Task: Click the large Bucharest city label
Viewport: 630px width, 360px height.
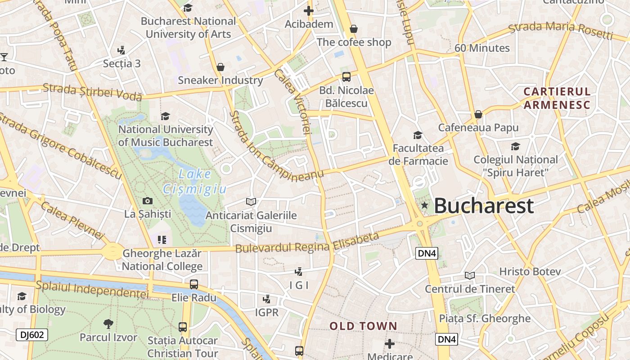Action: pyautogui.click(x=484, y=206)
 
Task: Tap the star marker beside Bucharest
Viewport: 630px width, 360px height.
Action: pyautogui.click(x=424, y=206)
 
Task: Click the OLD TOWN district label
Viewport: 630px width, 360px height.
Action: pyautogui.click(x=363, y=326)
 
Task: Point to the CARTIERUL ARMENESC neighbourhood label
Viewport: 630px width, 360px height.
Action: pyautogui.click(x=557, y=98)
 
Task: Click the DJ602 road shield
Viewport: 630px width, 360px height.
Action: pyautogui.click(x=31, y=334)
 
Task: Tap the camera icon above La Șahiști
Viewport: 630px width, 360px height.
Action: pyautogui.click(x=147, y=201)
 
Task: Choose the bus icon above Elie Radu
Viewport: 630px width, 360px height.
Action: pyautogui.click(x=194, y=284)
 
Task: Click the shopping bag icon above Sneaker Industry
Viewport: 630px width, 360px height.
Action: pyautogui.click(x=220, y=67)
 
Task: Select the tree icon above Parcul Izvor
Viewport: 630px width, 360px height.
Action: pyautogui.click(x=108, y=324)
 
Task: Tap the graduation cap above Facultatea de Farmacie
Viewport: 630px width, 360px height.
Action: pyautogui.click(x=418, y=135)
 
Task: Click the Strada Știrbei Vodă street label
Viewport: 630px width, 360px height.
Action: pyautogui.click(x=92, y=92)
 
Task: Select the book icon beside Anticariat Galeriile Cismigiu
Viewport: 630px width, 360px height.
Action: pyautogui.click(x=251, y=202)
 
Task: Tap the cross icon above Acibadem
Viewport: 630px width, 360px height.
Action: pyautogui.click(x=309, y=10)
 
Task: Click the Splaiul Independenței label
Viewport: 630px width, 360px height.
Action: pyautogui.click(x=92, y=289)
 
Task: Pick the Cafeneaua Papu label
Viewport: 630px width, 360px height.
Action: pyautogui.click(x=478, y=127)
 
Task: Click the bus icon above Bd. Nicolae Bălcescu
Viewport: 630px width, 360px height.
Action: pyautogui.click(x=346, y=76)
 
